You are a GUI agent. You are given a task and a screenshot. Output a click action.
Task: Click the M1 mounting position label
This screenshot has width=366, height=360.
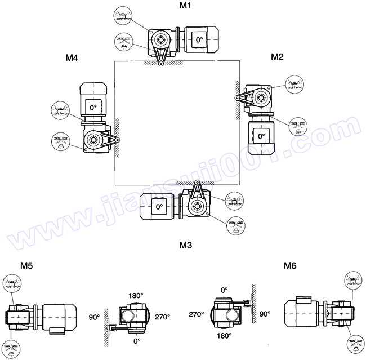point(185,5)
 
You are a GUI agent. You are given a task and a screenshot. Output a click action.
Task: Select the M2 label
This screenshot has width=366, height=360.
point(277,57)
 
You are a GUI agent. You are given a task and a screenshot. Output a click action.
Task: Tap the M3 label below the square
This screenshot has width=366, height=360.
point(186,245)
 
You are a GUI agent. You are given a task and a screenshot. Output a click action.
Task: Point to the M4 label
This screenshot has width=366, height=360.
point(72,57)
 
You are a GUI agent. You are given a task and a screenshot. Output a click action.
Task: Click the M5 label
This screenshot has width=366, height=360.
point(26,265)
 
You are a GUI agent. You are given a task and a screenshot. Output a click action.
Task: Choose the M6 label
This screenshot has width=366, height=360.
point(290,265)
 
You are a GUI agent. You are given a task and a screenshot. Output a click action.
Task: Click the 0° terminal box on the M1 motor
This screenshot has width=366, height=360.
point(199,39)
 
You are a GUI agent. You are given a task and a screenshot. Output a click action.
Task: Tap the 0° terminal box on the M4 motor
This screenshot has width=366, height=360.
point(93,107)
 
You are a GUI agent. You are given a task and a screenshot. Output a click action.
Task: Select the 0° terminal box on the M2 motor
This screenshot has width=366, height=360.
point(261,136)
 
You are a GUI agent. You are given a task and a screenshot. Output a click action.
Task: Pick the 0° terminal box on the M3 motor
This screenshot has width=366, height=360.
point(159,206)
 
